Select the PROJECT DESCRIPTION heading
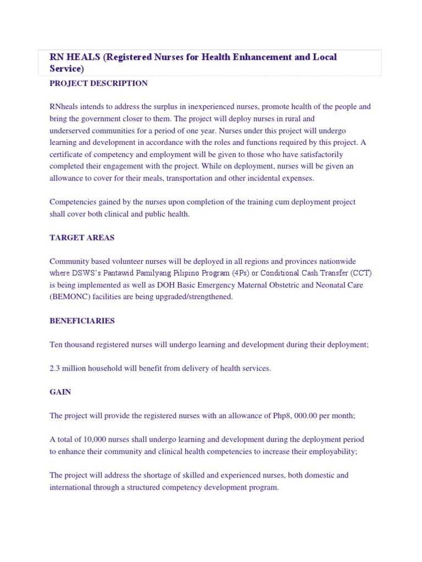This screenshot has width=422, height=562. (98, 83)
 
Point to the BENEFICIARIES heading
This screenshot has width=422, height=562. (82, 321)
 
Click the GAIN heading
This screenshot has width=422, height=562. (60, 392)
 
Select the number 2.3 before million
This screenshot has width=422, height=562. (55, 368)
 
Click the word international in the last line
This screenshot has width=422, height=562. (72, 487)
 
